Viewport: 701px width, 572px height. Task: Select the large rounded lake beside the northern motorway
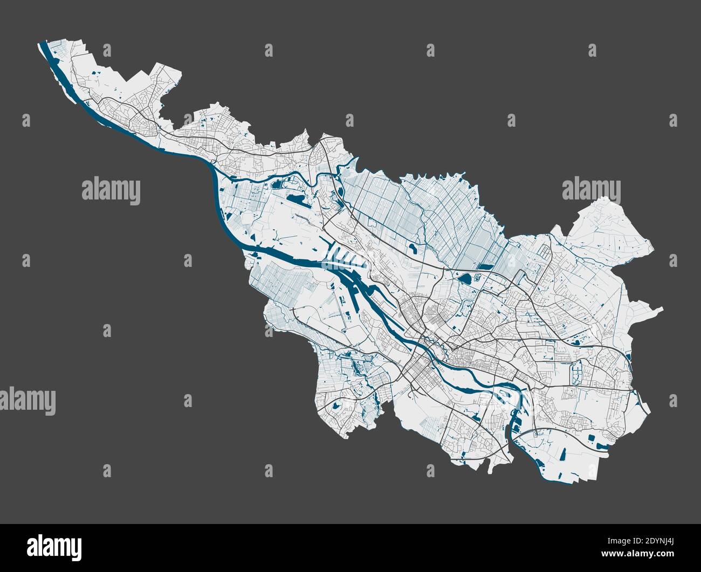pyautogui.click(x=465, y=279)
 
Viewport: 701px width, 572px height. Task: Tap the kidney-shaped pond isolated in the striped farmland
pyautogui.click(x=413, y=249)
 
